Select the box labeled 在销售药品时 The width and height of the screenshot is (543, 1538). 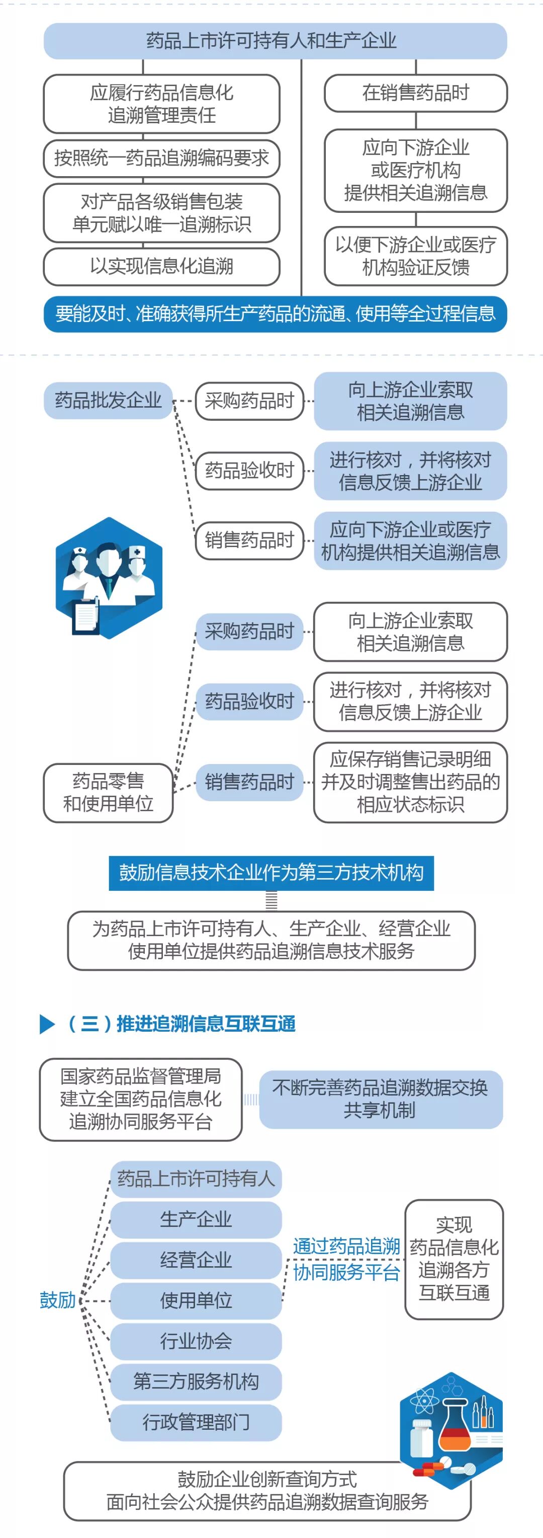[415, 93]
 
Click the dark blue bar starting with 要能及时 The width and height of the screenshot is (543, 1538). [275, 314]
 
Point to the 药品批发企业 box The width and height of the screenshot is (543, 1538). [108, 400]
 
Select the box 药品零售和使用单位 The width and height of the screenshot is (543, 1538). [108, 792]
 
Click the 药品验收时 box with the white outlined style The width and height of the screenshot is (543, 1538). [249, 471]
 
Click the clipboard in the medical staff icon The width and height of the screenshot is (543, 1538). [85, 616]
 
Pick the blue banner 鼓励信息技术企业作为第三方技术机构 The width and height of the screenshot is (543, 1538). [271, 873]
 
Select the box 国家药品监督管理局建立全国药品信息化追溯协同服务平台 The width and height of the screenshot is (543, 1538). [141, 1099]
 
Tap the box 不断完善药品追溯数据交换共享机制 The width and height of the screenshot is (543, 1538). [380, 1099]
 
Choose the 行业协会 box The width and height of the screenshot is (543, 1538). [196, 1341]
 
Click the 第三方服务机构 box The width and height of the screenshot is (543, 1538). [196, 1381]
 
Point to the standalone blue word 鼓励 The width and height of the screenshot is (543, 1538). [57, 1300]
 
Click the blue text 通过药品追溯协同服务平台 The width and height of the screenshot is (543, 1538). [346, 1259]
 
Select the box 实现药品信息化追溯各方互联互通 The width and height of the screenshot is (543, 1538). [454, 1259]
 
